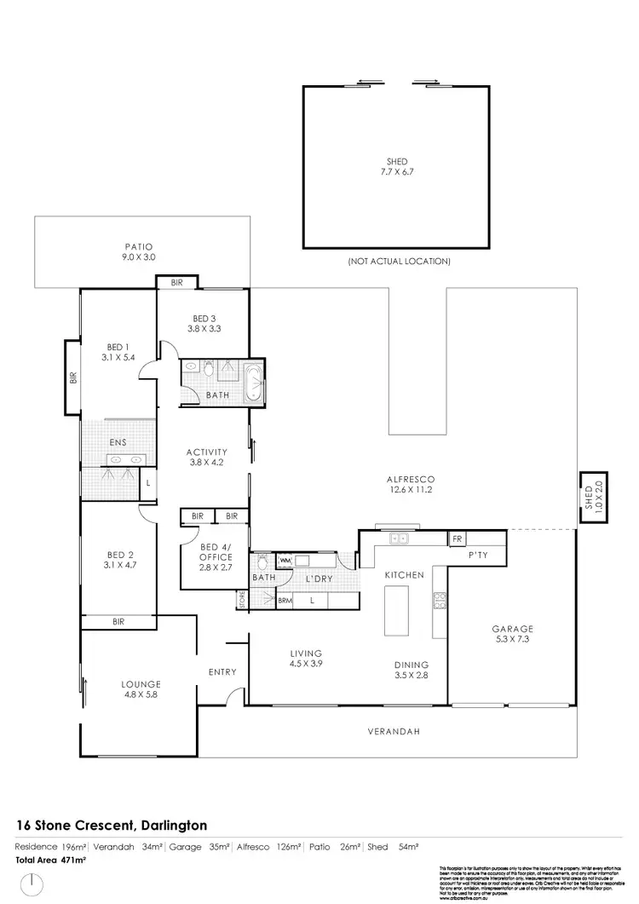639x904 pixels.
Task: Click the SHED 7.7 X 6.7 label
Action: coord(396,166)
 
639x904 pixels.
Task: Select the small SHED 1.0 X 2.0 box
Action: coord(589,495)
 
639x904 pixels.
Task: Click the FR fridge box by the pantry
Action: coord(458,538)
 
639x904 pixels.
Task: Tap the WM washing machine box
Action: coord(285,560)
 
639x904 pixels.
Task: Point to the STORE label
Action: coord(242,600)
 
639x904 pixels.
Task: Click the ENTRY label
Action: coord(222,672)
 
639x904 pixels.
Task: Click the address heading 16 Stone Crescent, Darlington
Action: coord(112,825)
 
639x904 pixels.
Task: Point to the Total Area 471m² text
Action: coord(52,861)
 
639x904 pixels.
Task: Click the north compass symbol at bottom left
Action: coord(32,884)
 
